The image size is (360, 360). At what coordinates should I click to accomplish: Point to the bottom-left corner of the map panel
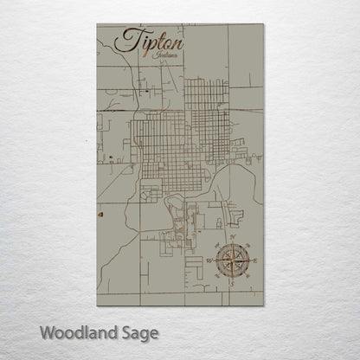pos(98,305)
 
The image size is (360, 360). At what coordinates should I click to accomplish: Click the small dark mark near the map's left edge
pos(100,212)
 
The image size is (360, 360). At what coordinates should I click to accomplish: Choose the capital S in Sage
pos(123,331)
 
